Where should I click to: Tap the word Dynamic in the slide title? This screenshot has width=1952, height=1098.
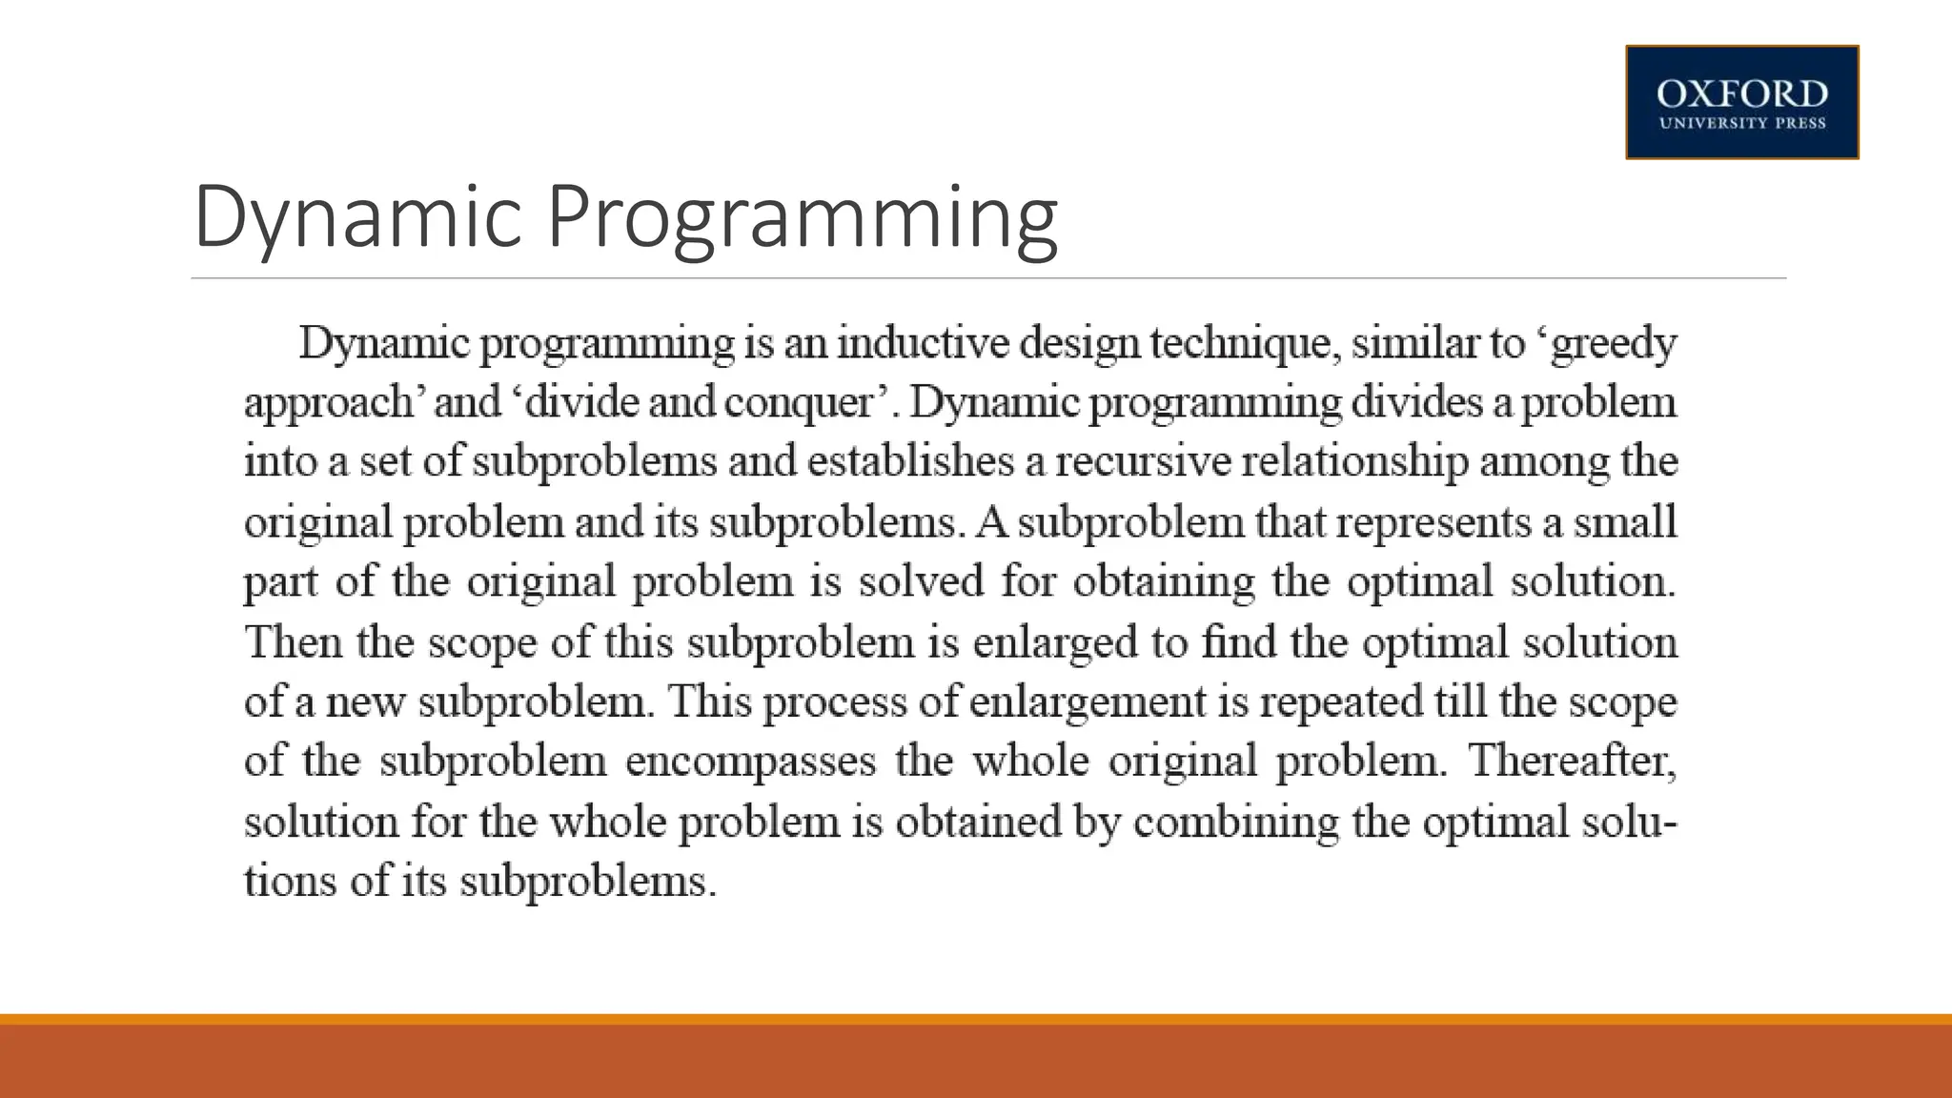[x=357, y=217]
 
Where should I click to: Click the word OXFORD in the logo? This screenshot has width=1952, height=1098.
[x=1741, y=94]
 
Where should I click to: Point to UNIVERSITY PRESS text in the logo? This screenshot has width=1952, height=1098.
[x=1741, y=123]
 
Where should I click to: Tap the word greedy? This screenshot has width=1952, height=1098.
[x=1613, y=344]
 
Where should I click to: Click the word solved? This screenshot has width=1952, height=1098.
[x=921, y=581]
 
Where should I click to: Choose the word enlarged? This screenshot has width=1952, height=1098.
[x=1055, y=642]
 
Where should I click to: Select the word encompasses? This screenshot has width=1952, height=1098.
[x=750, y=762]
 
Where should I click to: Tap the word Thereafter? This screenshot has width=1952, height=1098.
[x=1572, y=762]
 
